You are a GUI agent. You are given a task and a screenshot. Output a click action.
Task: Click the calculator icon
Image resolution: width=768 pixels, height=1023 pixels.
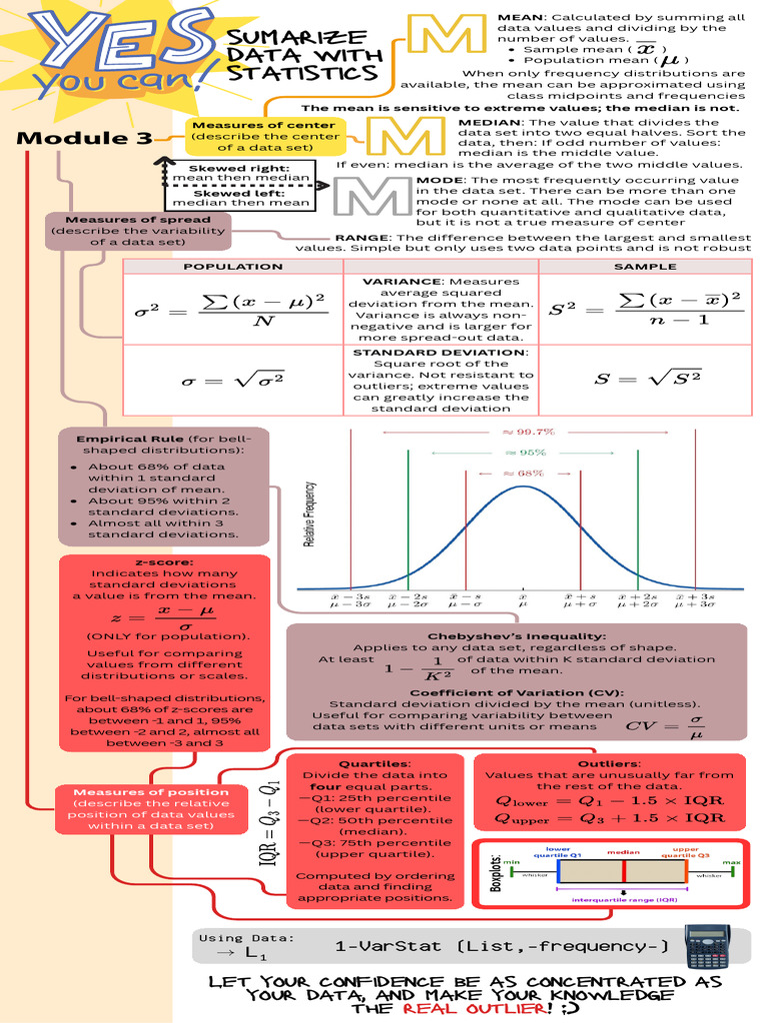tap(707, 945)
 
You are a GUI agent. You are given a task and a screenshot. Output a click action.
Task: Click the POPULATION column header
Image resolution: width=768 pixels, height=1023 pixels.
tap(233, 267)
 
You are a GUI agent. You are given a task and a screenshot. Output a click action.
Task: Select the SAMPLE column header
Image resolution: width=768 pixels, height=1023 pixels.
tap(644, 267)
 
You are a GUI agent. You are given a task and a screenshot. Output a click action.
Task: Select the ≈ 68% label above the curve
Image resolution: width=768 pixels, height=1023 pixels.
tap(523, 473)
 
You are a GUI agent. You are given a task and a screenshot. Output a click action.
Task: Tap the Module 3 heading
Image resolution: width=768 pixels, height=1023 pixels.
tap(83, 138)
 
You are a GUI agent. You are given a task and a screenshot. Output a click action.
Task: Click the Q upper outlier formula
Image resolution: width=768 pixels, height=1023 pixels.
tap(610, 818)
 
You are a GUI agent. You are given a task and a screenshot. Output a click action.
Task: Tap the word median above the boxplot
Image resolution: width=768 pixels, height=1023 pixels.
tap(623, 852)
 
